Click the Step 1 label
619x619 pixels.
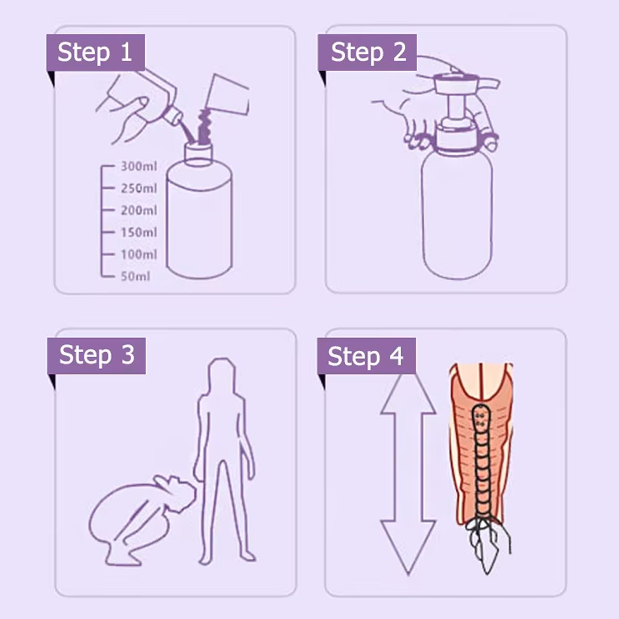95,53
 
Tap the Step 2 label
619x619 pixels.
368,53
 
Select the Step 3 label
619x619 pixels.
96,355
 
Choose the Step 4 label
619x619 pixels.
366,356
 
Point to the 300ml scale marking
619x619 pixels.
138,167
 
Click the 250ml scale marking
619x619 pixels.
138,188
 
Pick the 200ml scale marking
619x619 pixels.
138,210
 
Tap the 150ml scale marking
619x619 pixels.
138,233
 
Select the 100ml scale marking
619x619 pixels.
138,254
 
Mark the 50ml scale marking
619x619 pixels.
135,277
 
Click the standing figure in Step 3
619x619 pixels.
223,458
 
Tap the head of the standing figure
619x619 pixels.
222,374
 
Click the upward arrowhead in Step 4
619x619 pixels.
408,396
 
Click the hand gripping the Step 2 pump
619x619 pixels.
415,108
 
